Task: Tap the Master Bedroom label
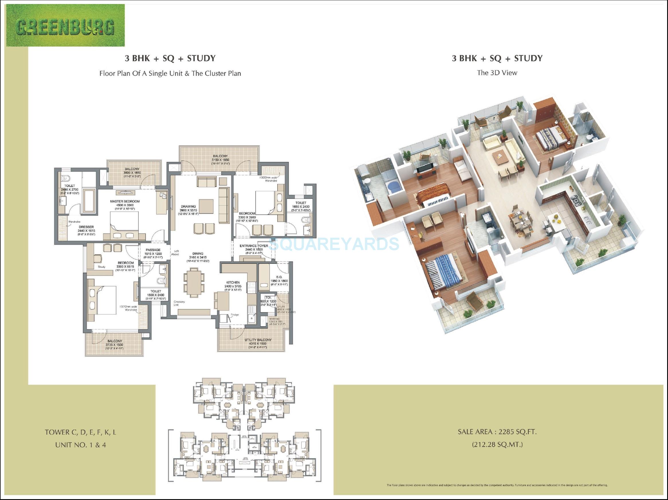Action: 125,202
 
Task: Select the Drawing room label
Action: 188,207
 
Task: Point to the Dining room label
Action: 198,254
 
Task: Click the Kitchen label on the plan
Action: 233,283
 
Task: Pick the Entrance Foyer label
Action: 254,246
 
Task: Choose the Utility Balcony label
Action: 258,340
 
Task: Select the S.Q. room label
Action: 279,277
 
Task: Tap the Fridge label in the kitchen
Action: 235,315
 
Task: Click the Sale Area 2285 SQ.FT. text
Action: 497,432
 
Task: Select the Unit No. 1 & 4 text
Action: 80,445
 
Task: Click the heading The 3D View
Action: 497,73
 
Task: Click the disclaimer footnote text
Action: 497,485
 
